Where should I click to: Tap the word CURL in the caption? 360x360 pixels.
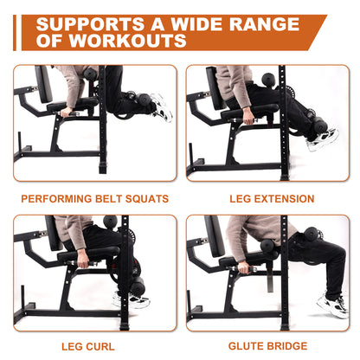click(x=105, y=347)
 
